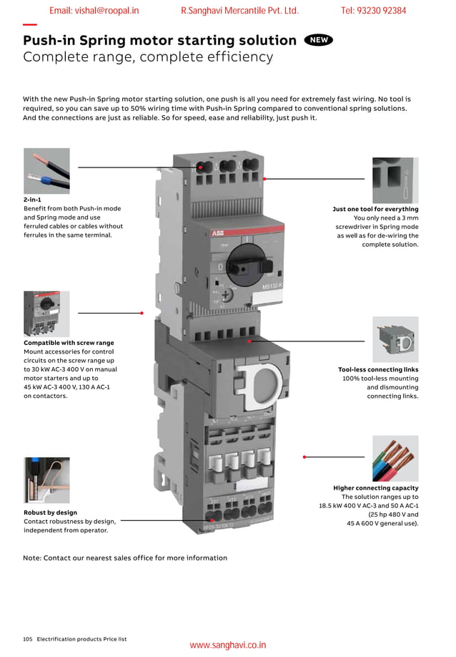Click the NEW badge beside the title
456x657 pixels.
(318, 40)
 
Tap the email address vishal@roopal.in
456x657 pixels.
(94, 11)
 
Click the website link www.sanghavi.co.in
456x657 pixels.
(227, 645)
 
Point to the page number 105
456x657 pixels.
(28, 638)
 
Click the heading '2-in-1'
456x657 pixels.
(33, 199)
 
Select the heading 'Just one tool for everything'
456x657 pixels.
(375, 209)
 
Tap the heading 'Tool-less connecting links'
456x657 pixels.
(378, 369)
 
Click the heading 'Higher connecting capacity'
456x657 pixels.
(376, 488)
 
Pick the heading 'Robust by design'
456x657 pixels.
(50, 512)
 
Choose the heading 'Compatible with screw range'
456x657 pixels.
(69, 343)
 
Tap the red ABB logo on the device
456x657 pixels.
(217, 233)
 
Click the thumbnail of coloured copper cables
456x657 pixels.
(395, 458)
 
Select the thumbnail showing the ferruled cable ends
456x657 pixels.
(46, 170)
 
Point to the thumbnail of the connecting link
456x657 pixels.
(395, 339)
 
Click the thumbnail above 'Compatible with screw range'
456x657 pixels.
(46, 313)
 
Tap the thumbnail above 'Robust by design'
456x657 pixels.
(46, 480)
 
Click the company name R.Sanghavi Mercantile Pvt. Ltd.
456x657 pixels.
(239, 11)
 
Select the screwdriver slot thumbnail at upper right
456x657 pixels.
(395, 180)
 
